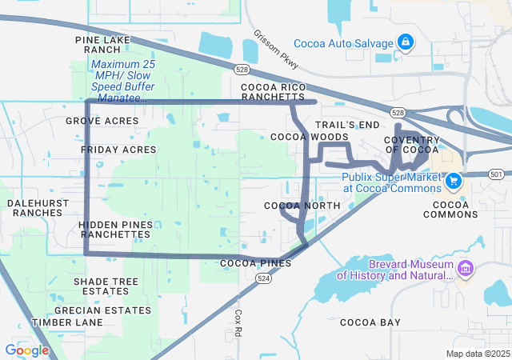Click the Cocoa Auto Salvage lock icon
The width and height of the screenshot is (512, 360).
[x=405, y=42]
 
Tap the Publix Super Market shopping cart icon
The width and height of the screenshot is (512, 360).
[x=454, y=181]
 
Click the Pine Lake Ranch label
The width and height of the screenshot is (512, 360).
[x=102, y=44]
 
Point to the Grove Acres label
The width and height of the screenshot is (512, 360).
[x=102, y=121]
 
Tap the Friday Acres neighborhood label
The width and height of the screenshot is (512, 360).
[x=118, y=150]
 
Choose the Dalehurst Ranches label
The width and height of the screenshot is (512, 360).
[x=34, y=208]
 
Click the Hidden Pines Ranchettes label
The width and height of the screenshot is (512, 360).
[x=115, y=230]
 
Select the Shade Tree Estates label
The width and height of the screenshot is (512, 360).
[x=106, y=286]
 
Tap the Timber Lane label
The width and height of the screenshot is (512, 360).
[x=67, y=322]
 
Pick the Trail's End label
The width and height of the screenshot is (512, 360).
[x=346, y=126]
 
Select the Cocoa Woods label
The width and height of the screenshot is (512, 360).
[x=298, y=138]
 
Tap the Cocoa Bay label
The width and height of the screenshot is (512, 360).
[x=370, y=322]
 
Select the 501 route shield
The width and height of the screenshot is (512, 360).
[x=497, y=174]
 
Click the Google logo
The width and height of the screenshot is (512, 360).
[x=26, y=350]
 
